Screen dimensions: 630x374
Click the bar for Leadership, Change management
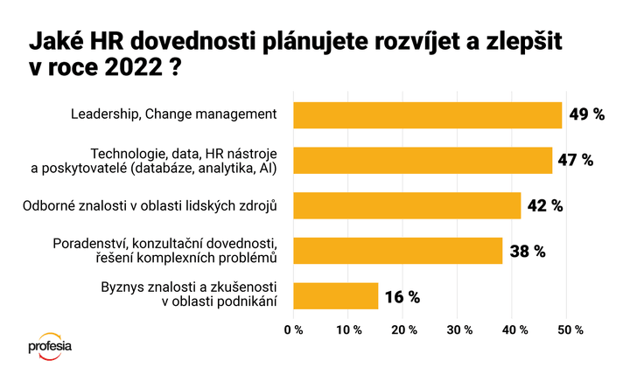click(428, 115)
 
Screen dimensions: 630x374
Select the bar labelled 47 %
click(423, 161)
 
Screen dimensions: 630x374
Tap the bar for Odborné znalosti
click(407, 205)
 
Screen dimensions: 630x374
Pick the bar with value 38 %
click(398, 251)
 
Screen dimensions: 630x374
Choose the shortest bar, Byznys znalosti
click(336, 295)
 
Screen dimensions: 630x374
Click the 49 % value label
click(587, 114)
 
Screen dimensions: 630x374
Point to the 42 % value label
click(545, 206)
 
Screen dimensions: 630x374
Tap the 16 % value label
click(402, 297)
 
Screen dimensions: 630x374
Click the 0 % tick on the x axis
click(293, 329)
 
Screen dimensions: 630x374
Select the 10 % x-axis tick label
click(349, 329)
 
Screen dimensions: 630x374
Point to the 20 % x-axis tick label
click(403, 329)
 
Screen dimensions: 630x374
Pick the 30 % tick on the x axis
click(459, 329)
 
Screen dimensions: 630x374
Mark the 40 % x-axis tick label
click(514, 329)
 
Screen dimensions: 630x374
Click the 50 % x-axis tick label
click(570, 329)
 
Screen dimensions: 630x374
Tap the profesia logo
click(50, 346)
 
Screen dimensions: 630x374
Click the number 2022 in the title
click(133, 67)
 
